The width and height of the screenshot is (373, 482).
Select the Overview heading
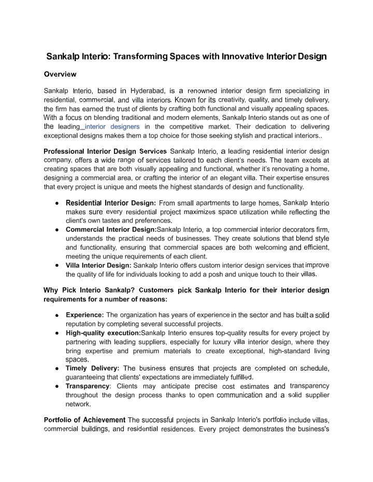60,74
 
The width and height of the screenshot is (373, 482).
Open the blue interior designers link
105,126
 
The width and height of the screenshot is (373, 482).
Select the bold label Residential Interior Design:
111,203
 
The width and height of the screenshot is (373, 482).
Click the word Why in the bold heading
51,290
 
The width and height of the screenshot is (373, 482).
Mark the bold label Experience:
85,315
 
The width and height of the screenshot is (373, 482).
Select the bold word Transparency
88,386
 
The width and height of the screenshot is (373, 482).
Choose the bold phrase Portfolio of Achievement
84,420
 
